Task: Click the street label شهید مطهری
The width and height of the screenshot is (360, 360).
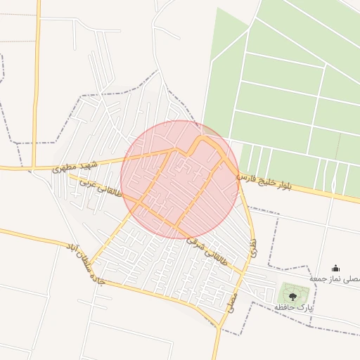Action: pos(73,166)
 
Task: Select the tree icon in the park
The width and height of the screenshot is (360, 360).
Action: pos(292,297)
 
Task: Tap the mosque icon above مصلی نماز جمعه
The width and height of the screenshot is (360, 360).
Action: pos(335,268)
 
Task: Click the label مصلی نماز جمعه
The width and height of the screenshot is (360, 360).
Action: pos(335,279)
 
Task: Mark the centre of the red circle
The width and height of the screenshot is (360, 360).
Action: pos(180,179)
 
